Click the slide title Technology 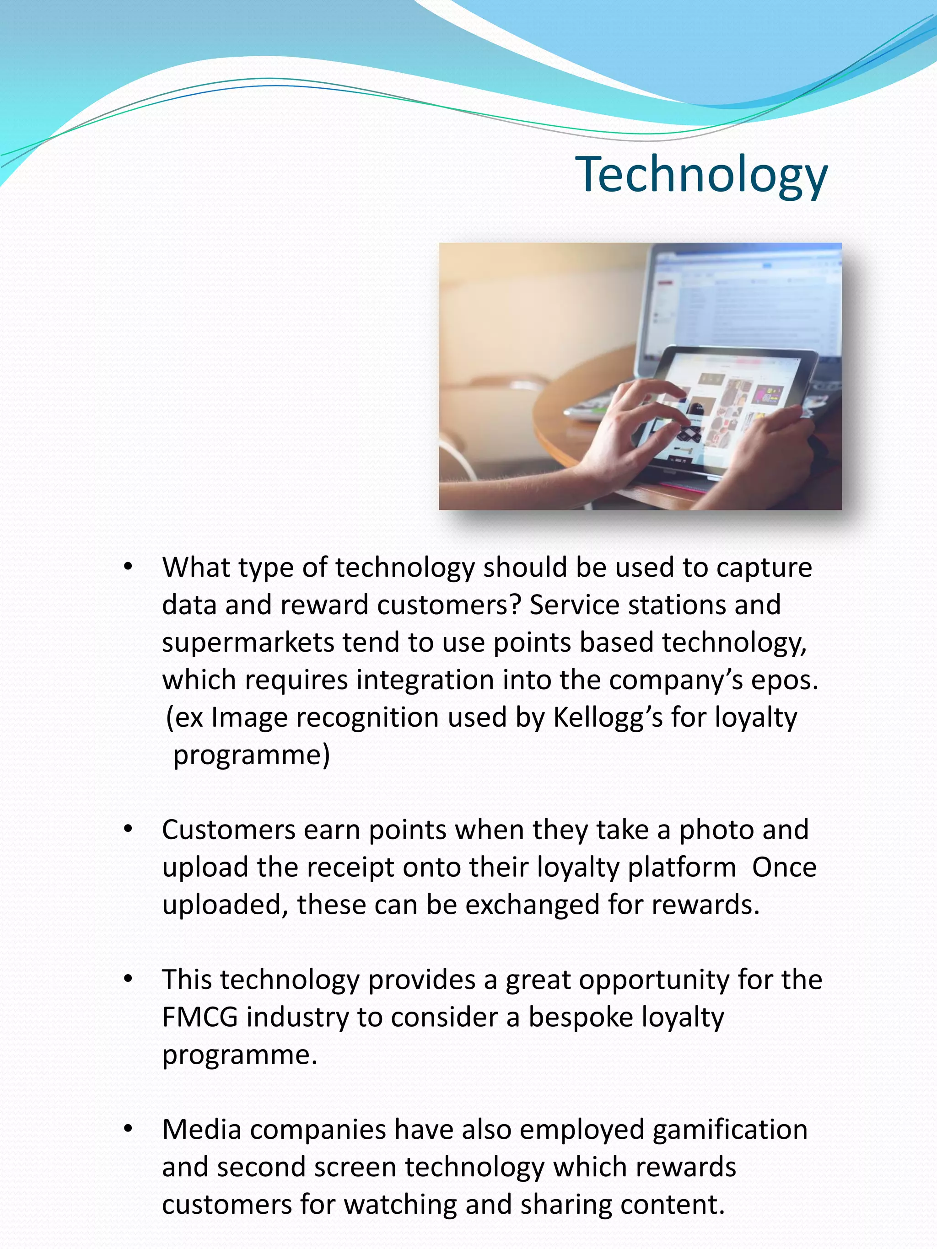[x=701, y=175]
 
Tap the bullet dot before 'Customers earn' [x=128, y=829]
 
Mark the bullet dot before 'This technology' [x=128, y=979]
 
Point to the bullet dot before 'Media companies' [x=128, y=1129]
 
